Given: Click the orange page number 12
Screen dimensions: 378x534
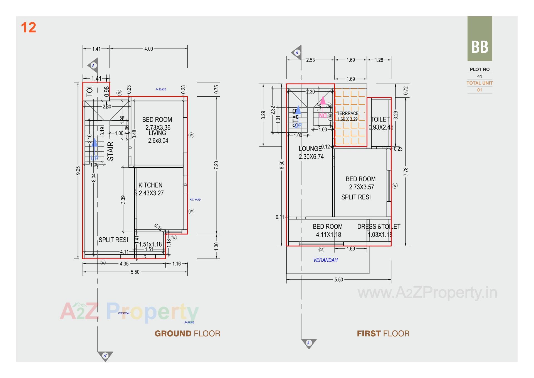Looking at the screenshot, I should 28,28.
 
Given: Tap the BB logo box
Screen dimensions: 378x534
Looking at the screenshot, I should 479,39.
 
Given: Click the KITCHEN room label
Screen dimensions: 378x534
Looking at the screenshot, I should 150,185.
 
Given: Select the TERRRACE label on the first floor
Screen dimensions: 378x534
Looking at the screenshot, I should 348,113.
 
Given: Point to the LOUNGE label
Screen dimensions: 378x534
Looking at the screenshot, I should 310,149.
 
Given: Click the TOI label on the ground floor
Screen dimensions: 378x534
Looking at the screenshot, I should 90,91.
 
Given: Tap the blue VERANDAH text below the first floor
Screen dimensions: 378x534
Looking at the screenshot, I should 325,260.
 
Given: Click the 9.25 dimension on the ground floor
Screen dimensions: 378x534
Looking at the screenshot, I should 78,170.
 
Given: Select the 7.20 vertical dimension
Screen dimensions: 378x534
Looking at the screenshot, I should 216,165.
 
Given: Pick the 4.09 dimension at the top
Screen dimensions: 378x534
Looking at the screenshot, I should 149,49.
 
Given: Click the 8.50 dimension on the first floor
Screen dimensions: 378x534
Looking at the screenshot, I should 282,165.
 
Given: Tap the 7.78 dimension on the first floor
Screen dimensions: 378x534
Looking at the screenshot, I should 406,171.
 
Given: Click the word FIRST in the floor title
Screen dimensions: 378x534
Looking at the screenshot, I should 369,333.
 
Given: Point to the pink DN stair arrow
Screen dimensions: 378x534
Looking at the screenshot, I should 323,107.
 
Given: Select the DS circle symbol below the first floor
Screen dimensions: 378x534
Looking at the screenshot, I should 321,250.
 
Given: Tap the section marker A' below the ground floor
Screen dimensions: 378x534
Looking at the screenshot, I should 105,356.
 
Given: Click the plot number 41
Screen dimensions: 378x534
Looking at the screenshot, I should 479,76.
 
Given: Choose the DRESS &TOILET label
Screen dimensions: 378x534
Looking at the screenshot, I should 379,226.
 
